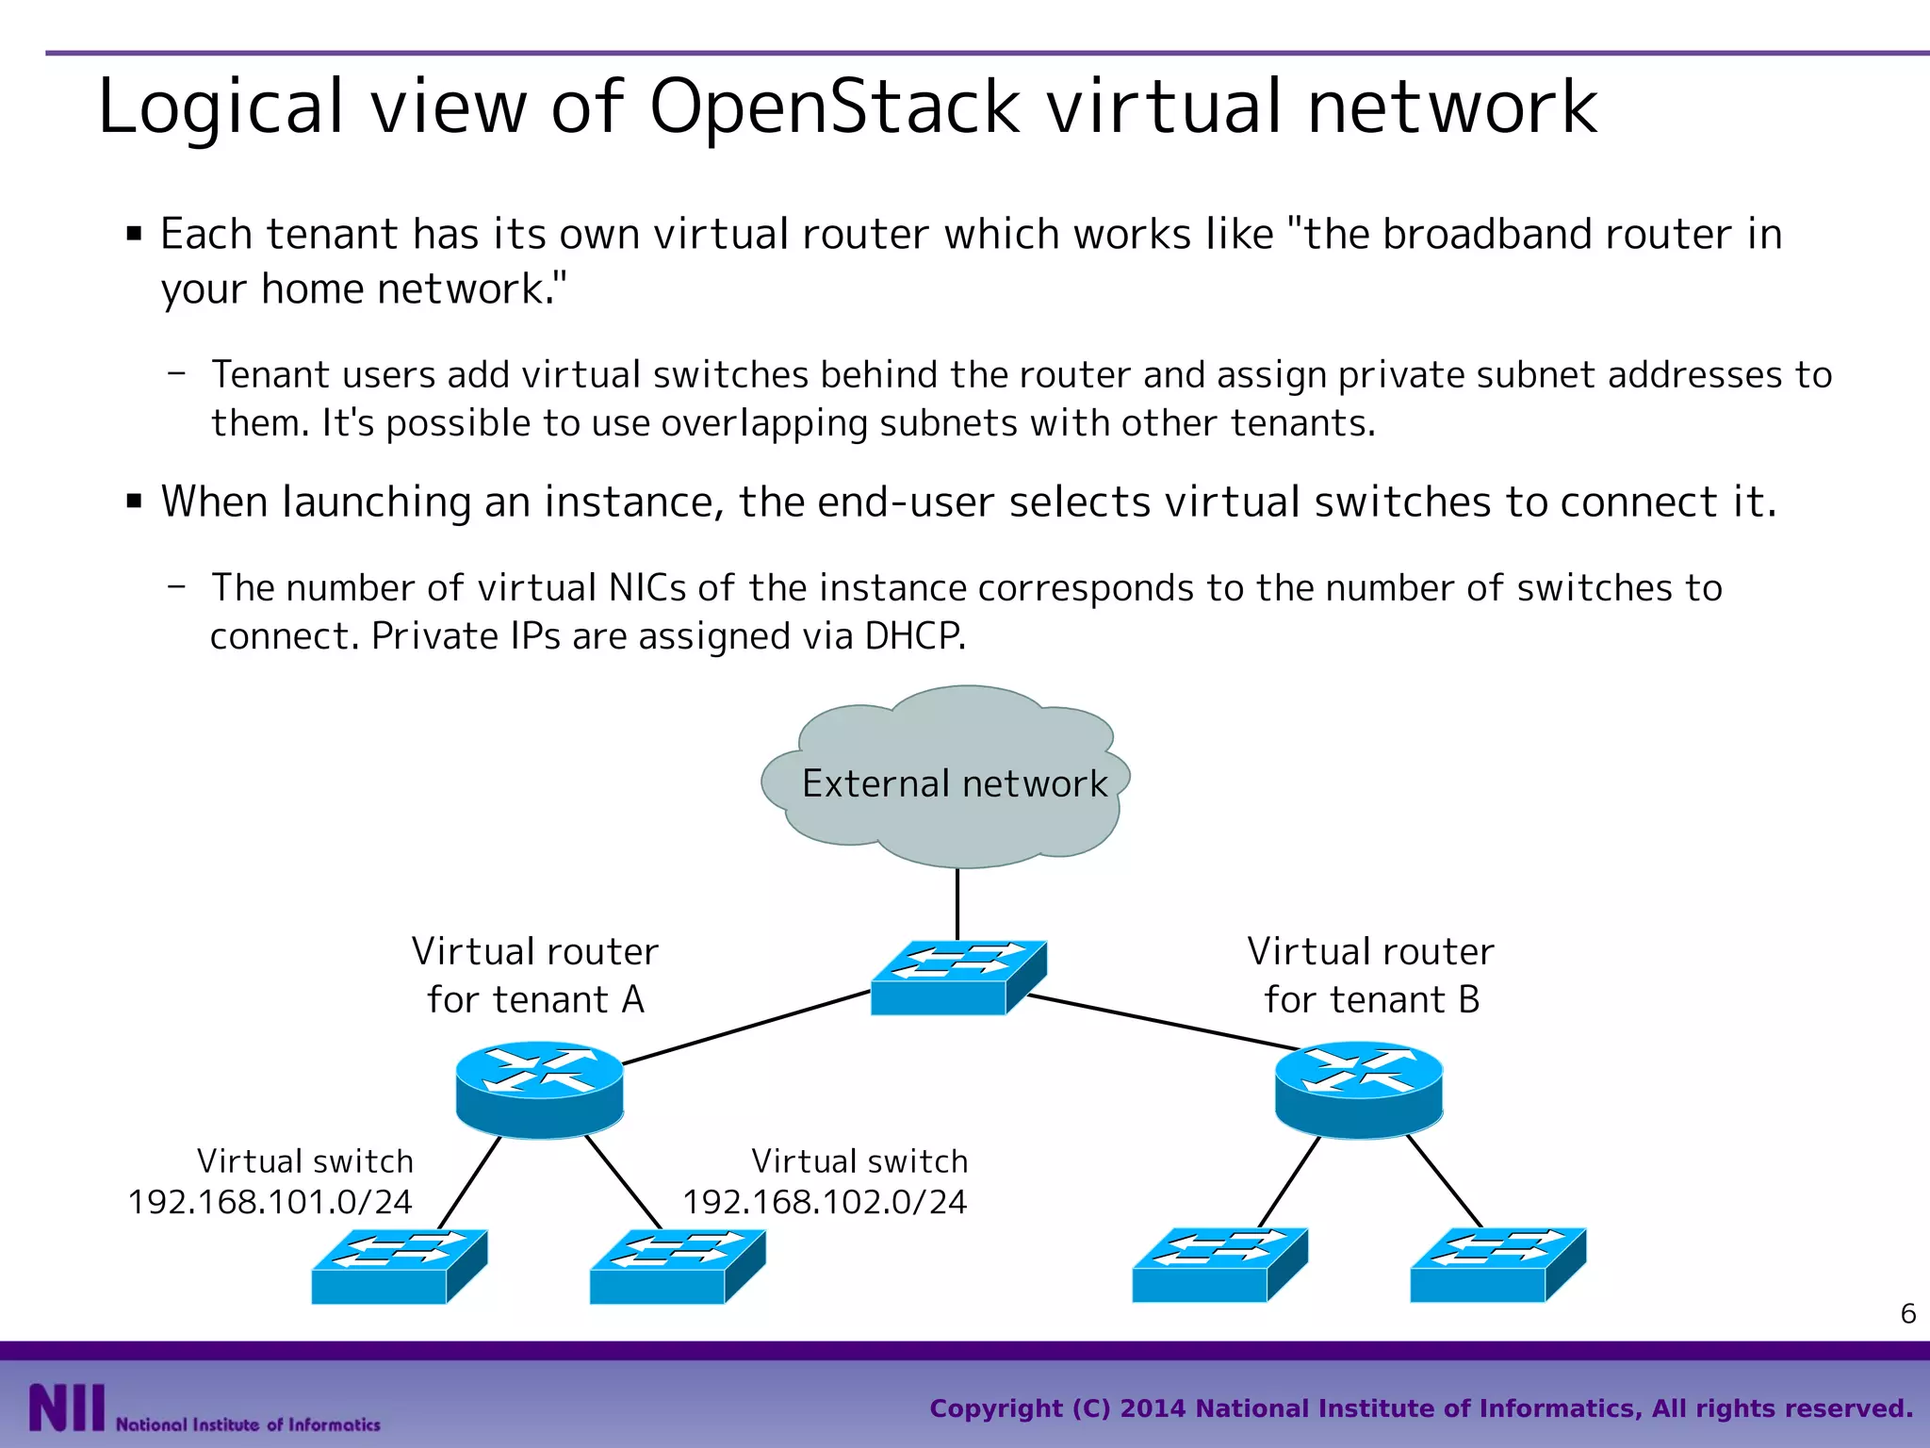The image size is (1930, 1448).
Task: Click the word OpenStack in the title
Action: click(x=834, y=106)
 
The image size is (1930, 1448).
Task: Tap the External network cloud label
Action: click(x=954, y=783)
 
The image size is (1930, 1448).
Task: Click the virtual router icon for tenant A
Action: click(x=539, y=1089)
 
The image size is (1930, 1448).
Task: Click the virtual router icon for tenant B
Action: click(x=1358, y=1089)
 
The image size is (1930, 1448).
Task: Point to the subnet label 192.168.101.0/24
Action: click(x=270, y=1202)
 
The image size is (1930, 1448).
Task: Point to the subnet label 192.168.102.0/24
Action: click(x=825, y=1202)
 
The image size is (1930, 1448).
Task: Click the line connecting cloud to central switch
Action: click(x=957, y=903)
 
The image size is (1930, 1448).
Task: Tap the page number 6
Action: click(x=1907, y=1313)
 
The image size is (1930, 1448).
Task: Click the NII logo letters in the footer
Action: click(x=66, y=1407)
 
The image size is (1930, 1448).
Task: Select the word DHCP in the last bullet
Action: click(x=912, y=636)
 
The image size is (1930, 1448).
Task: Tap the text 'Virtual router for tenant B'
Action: click(x=1371, y=975)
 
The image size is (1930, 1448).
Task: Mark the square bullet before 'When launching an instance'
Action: click(x=134, y=501)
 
